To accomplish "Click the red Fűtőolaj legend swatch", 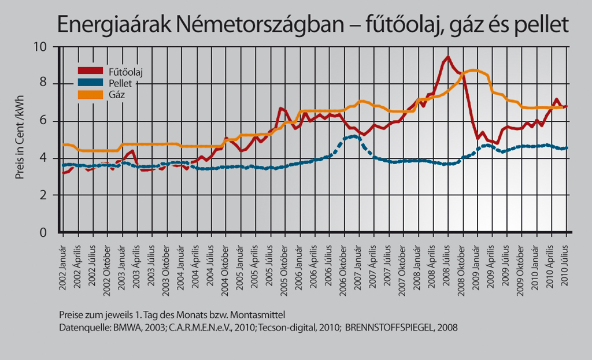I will click(90, 71).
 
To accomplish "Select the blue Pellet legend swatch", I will click(90, 83).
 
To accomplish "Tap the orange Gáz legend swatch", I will click(90, 94).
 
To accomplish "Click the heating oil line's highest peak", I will click(448, 57).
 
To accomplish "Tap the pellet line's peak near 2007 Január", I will click(353, 136).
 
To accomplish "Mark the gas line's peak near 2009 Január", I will click(473, 70).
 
